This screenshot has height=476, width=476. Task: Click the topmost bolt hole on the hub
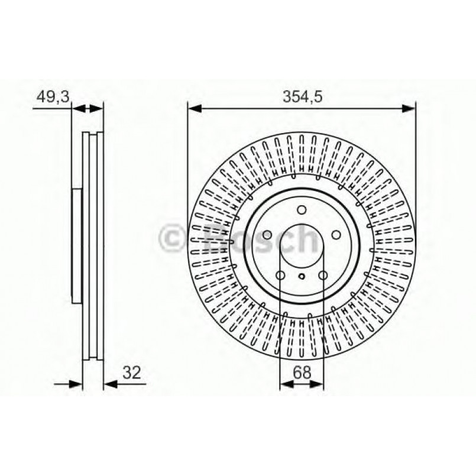click(x=302, y=210)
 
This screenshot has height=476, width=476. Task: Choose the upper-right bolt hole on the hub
click(x=336, y=235)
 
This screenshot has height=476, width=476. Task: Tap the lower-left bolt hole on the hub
click(x=280, y=276)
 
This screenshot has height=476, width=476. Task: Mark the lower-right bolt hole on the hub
click(x=323, y=276)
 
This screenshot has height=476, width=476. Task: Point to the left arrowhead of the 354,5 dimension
click(x=195, y=108)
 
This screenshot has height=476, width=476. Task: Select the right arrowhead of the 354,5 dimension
click(x=409, y=108)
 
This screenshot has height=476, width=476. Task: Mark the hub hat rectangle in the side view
click(x=76, y=245)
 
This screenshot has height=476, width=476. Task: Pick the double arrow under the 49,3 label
click(x=88, y=108)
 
